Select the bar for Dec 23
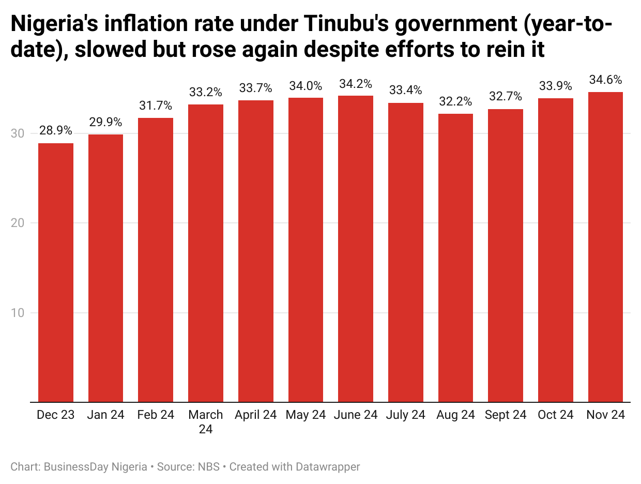pos(56,272)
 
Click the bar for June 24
pos(356,248)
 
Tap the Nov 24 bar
pos(605,247)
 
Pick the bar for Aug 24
pos(455,258)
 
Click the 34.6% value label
pos(605,80)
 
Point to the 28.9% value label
pos(56,131)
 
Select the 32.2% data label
pos(455,102)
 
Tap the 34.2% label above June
pos(356,84)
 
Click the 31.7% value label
pos(156,106)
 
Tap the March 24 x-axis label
pos(206,421)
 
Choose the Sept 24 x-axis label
pos(506,415)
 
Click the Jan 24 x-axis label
pos(105,415)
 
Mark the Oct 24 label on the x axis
pos(555,415)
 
